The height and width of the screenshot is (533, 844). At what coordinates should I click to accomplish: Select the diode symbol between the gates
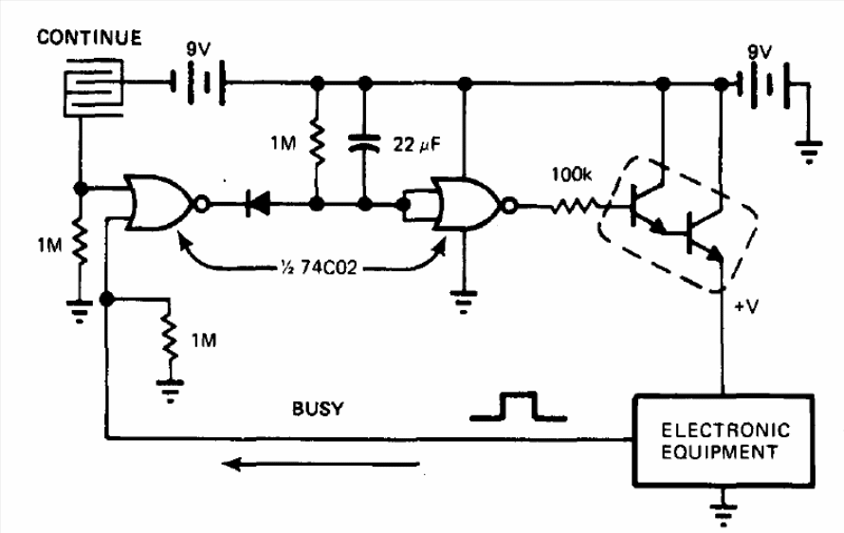tap(254, 202)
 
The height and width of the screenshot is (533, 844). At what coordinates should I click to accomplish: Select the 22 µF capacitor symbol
tap(364, 145)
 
